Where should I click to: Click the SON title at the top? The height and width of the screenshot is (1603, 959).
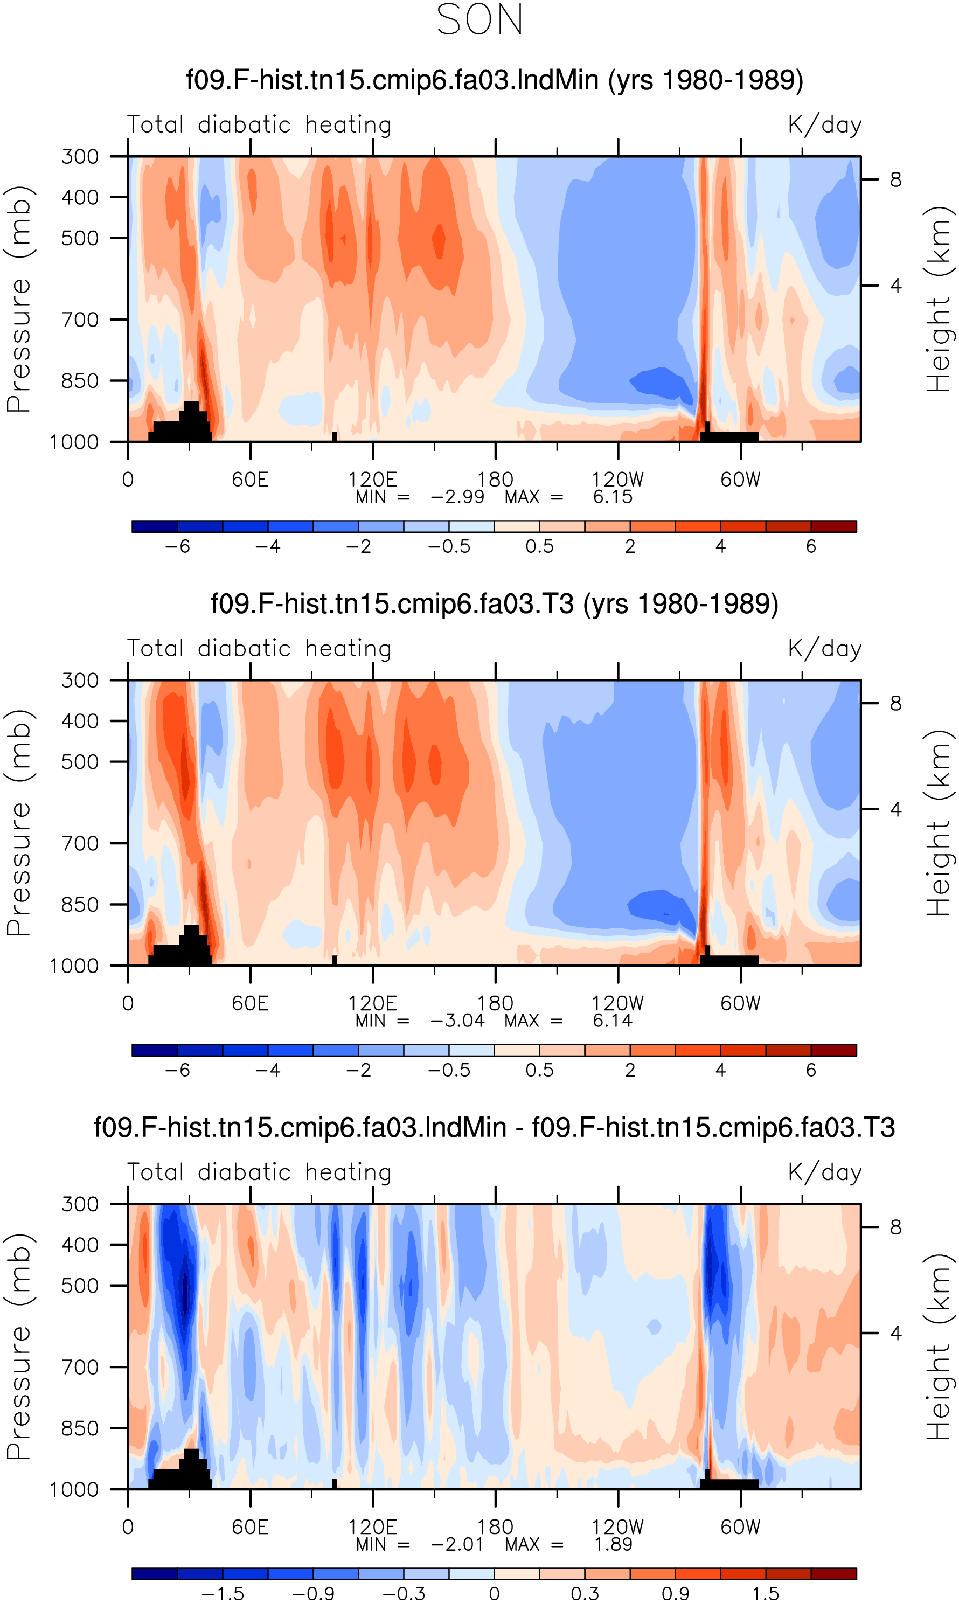[479, 19]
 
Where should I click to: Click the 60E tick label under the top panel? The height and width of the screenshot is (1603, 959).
[250, 480]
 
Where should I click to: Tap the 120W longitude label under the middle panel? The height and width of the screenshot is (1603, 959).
[618, 1003]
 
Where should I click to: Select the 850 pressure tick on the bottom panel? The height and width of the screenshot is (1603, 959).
[80, 1428]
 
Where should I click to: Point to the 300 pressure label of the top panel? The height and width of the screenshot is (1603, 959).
[80, 156]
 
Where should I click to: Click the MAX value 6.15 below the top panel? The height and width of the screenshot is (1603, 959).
[613, 497]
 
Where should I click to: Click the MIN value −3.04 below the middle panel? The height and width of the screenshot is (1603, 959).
[457, 1021]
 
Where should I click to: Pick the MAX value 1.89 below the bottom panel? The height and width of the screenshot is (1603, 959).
[613, 1544]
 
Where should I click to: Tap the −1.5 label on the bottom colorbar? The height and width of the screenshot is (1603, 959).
[223, 1594]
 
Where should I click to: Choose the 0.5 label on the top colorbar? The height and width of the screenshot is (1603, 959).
[540, 546]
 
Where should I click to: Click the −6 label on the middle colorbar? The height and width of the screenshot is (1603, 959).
[178, 1071]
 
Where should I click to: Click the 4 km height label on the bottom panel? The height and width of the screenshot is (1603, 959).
[895, 1333]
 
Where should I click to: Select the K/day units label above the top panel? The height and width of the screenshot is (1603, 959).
[825, 124]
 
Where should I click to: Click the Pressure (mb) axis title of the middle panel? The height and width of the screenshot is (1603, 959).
[19, 823]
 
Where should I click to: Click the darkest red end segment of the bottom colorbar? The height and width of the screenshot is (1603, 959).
[833, 1574]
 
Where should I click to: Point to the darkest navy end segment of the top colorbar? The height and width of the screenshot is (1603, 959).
[155, 526]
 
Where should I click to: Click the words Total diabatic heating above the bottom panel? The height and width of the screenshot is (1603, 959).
[259, 1172]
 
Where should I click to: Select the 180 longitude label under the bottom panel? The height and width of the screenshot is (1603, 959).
[495, 1528]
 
